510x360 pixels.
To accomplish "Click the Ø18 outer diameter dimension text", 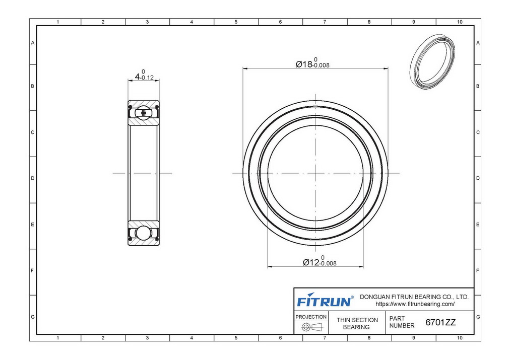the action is coord(304,64).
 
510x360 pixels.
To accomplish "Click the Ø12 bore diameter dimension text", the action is coord(311,262).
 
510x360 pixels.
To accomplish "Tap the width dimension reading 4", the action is coord(137,77).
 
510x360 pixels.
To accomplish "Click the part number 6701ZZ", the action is coord(441,322).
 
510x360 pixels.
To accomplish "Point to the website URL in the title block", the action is coord(415,304).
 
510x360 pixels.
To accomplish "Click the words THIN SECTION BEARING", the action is coord(357,324).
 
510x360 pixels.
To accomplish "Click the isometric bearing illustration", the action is coord(432,62).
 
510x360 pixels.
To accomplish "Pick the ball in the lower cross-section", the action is coord(144,233).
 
